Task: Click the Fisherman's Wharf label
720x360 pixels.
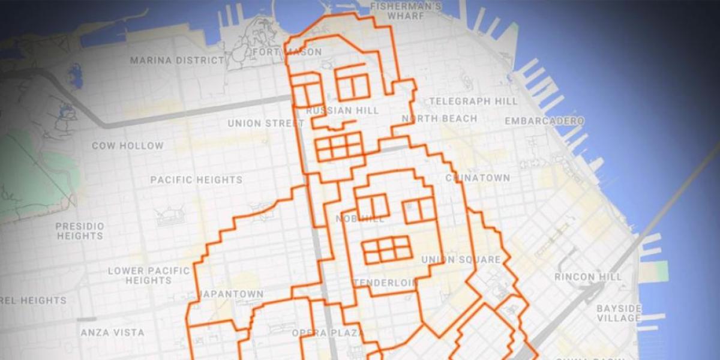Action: [x=406, y=11]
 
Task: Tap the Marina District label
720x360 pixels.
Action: [x=178, y=61]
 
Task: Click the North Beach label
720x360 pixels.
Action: [x=439, y=119]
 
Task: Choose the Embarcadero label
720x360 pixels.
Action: [x=544, y=121]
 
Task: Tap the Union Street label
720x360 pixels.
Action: [x=266, y=124]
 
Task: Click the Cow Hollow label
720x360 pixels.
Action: [x=127, y=146]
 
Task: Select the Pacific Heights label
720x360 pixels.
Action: [x=196, y=180]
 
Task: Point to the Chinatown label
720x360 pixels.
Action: [x=478, y=178]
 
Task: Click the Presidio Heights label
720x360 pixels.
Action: [x=80, y=231]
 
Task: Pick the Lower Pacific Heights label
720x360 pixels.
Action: [x=149, y=275]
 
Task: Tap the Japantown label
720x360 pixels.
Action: [x=232, y=294]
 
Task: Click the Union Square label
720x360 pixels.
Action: [x=461, y=260]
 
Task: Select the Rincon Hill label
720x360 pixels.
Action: [x=584, y=277]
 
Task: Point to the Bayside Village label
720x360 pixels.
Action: [x=619, y=313]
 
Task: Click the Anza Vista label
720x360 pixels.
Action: [x=113, y=332]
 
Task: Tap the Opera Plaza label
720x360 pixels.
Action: [x=328, y=333]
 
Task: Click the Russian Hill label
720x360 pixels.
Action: [x=343, y=111]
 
